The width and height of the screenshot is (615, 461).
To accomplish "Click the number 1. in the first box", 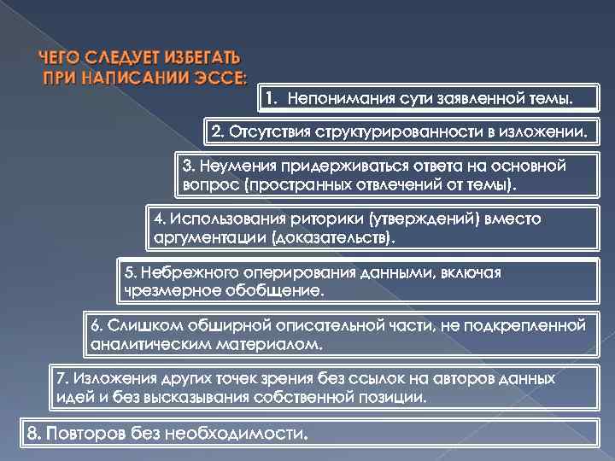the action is (x=271, y=99).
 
